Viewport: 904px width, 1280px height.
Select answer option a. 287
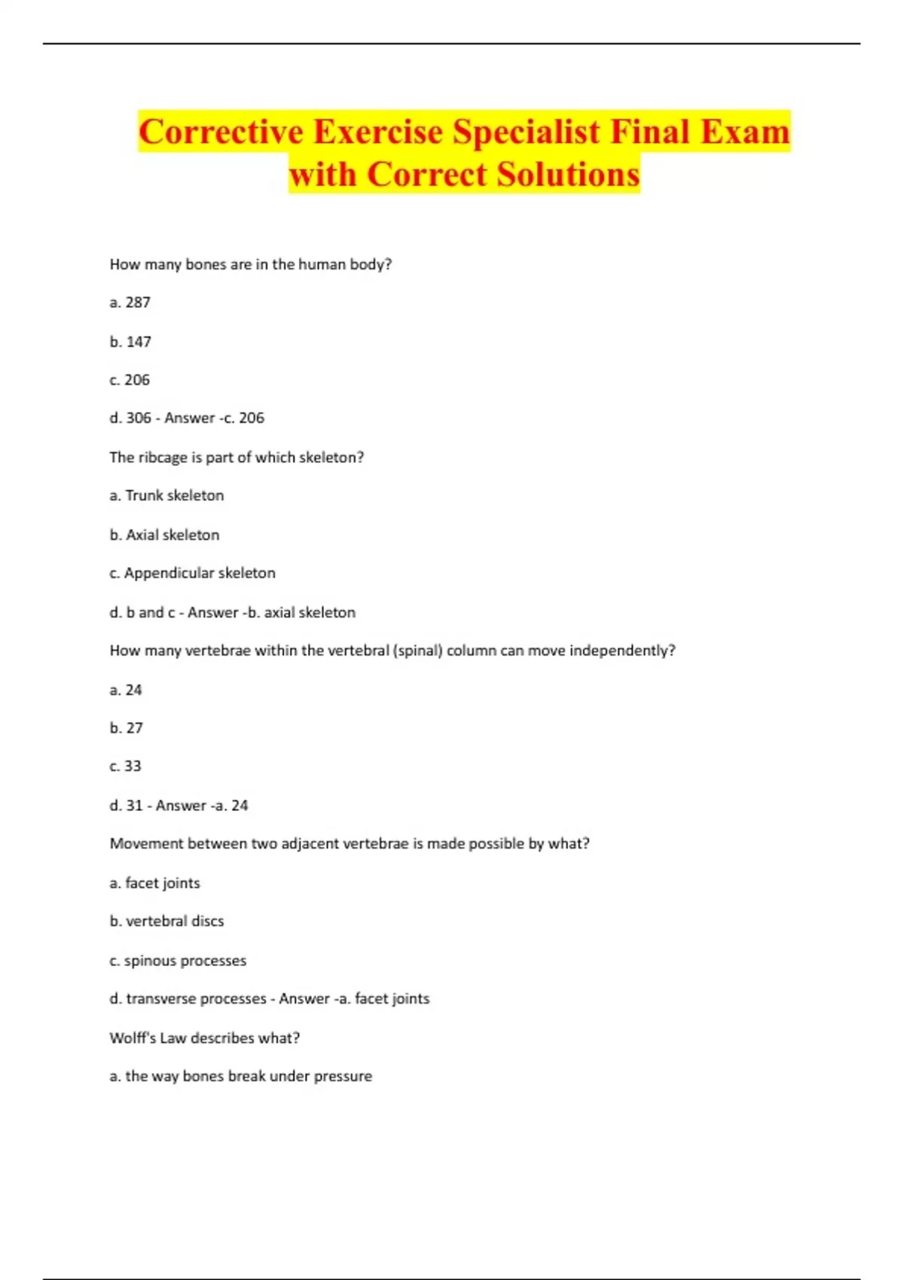pyautogui.click(x=130, y=303)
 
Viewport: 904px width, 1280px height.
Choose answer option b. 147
pyautogui.click(x=130, y=342)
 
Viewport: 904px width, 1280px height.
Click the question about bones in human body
pyautogui.click(x=251, y=264)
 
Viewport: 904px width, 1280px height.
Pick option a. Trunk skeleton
pyautogui.click(x=166, y=495)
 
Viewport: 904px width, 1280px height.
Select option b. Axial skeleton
pyautogui.click(x=164, y=535)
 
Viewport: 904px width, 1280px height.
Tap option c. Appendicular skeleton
pyautogui.click(x=192, y=573)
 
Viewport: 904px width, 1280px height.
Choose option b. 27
pyautogui.click(x=126, y=728)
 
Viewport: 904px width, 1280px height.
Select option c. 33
pyautogui.click(x=125, y=766)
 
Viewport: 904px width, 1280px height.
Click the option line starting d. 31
pyautogui.click(x=179, y=806)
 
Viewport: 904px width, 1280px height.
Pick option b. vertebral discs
pyautogui.click(x=166, y=922)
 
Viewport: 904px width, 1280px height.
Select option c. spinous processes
pyautogui.click(x=178, y=961)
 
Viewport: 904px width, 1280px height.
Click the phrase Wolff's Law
pyautogui.click(x=148, y=1038)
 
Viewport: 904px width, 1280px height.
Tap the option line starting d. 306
pyautogui.click(x=187, y=418)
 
